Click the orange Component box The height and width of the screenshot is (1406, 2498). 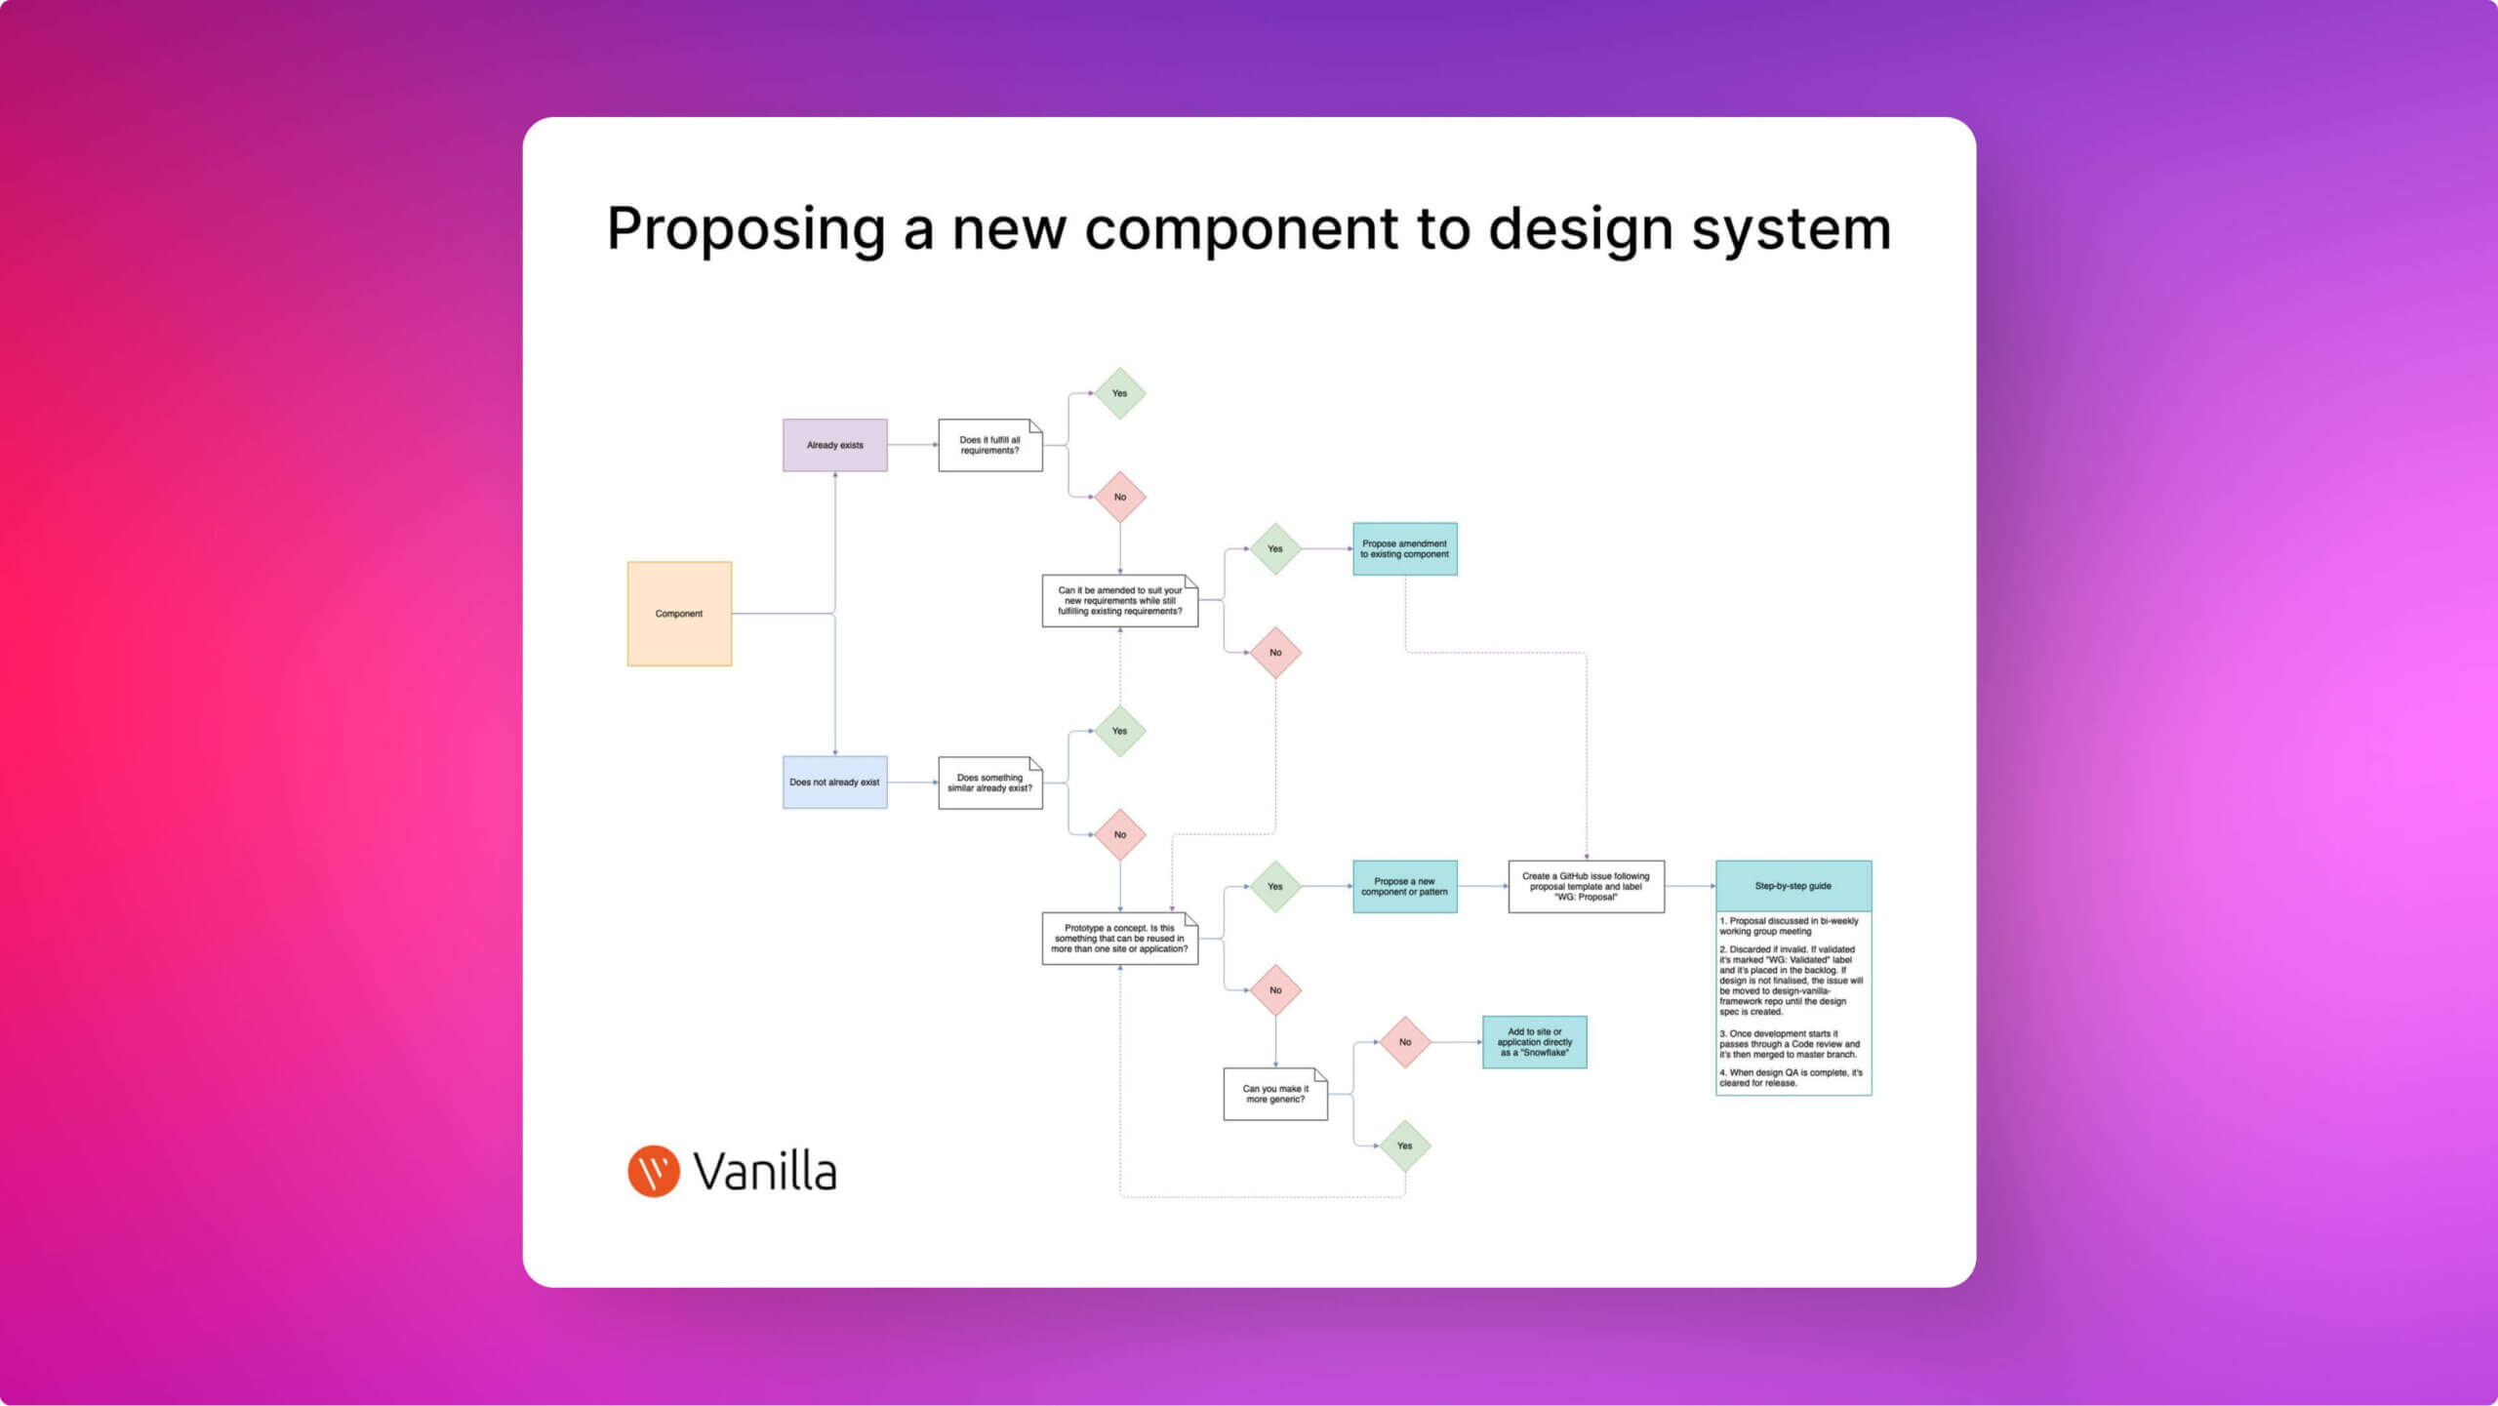click(679, 614)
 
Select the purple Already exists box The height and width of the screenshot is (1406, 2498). click(834, 445)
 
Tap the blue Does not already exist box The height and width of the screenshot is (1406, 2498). click(834, 783)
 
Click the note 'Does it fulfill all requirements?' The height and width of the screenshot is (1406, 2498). click(989, 445)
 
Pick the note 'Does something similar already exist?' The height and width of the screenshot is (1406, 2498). click(989, 783)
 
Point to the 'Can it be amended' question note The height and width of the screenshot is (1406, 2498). click(1119, 601)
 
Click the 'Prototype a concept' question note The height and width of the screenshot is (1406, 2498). click(1119, 939)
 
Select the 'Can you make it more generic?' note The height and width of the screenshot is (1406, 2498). click(1275, 1094)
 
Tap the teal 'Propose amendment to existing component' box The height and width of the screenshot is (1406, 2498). click(1404, 549)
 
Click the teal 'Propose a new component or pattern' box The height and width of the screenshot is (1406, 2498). click(1404, 887)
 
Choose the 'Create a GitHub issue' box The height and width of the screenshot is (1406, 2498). click(1586, 887)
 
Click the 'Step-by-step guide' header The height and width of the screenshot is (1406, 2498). click(1793, 886)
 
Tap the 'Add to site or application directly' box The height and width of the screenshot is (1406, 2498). click(1534, 1042)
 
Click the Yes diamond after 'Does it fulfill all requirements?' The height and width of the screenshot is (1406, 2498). click(1119, 394)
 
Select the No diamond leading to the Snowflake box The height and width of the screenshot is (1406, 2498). click(1405, 1042)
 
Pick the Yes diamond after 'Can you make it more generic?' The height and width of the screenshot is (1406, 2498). click(1405, 1146)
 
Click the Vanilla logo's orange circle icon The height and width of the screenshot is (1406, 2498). click(653, 1171)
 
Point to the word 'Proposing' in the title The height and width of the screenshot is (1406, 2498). click(745, 230)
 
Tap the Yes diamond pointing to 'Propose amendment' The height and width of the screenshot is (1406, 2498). click(1275, 549)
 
